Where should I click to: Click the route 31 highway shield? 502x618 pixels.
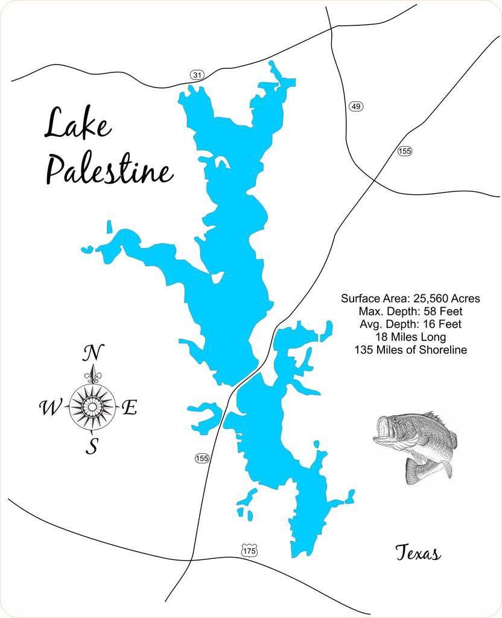tap(197, 75)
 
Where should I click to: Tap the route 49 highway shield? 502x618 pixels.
tap(355, 106)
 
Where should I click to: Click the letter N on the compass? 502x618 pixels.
tap(92, 352)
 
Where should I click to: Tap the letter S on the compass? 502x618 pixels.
tap(92, 447)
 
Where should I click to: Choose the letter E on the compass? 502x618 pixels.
tap(129, 409)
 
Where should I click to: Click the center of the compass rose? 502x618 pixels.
tap(92, 407)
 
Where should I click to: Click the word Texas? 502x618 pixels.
tap(418, 553)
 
